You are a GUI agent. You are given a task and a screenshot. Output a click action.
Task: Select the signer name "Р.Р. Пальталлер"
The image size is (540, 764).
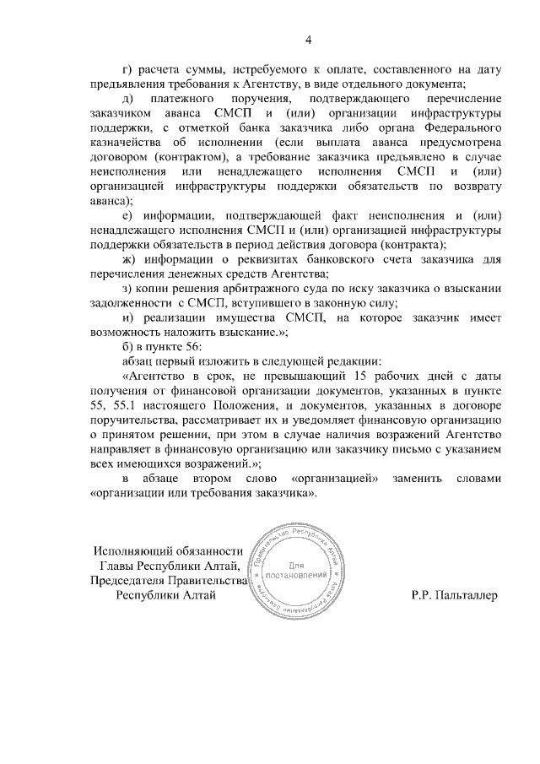(455, 594)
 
